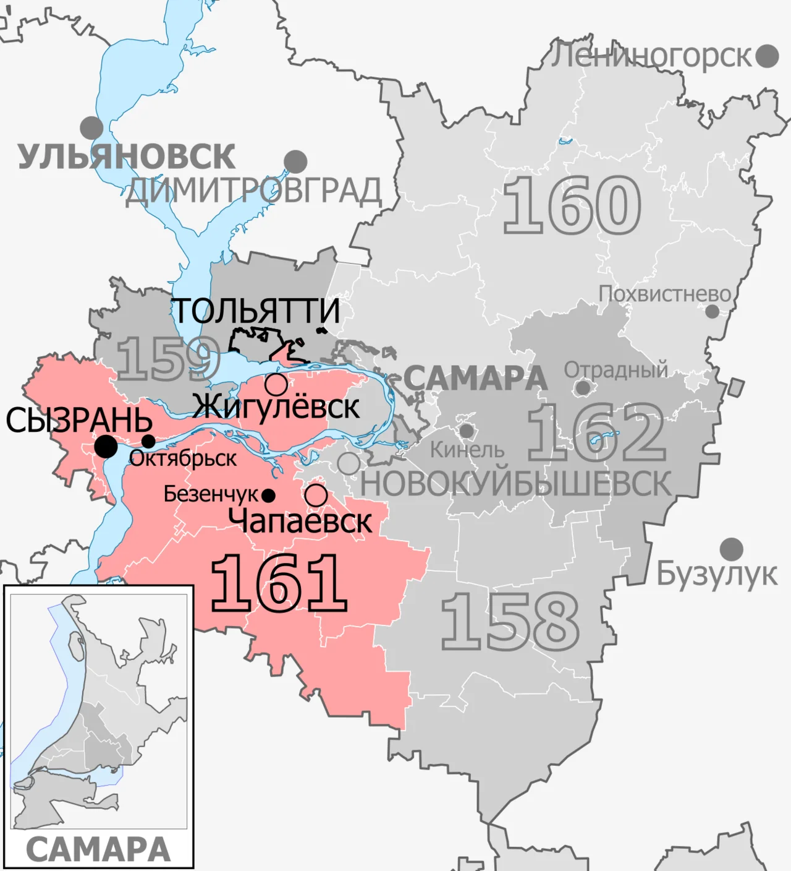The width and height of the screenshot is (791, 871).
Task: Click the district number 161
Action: coord(279,583)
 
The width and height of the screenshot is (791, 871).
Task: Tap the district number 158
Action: coord(510,622)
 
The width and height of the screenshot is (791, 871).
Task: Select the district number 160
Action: coord(572,205)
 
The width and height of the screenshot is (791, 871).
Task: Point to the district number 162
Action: coord(596,433)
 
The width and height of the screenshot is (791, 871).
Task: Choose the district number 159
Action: coord(168,359)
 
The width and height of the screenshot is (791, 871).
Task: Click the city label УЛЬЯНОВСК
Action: coord(126,157)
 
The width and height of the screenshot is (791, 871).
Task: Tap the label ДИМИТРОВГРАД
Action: coord(253,191)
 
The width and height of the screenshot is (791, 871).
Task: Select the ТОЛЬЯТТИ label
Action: coord(255,311)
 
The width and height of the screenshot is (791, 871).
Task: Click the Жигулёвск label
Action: coord(276,407)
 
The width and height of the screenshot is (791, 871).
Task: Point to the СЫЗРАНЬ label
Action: coord(79,421)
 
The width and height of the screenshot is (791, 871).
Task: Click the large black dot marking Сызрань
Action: coord(106,447)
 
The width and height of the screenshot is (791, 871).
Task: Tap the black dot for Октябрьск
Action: coord(148,441)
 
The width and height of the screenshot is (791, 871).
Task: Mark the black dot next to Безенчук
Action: coord(268,496)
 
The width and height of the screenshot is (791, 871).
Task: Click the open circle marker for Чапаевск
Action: coord(316,495)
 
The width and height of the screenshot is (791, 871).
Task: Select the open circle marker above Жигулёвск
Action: coord(276,384)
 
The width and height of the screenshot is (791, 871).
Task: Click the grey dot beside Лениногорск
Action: coord(767,56)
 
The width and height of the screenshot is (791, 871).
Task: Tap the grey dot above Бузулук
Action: coord(732,549)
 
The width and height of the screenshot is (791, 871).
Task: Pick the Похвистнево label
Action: coord(664,294)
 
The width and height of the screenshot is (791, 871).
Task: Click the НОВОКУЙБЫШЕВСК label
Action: coord(515,484)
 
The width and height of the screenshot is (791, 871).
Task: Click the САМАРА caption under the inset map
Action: coord(98,849)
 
